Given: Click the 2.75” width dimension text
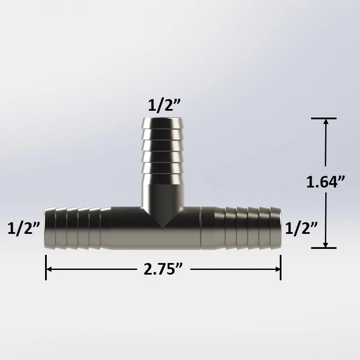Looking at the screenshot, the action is [x=163, y=269].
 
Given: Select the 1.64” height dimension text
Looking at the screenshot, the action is [x=326, y=182].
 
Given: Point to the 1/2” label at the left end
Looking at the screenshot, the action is [x=24, y=228].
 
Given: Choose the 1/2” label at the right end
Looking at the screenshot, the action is [x=301, y=228].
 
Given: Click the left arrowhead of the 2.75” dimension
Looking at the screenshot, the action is [x=48, y=269].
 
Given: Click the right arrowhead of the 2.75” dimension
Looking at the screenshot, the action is [x=278, y=269].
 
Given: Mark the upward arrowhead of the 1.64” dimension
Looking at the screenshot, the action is [x=326, y=121].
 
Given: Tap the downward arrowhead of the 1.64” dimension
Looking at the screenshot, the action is [x=326, y=245].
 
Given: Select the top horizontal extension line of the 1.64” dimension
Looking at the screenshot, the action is [x=324, y=118].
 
